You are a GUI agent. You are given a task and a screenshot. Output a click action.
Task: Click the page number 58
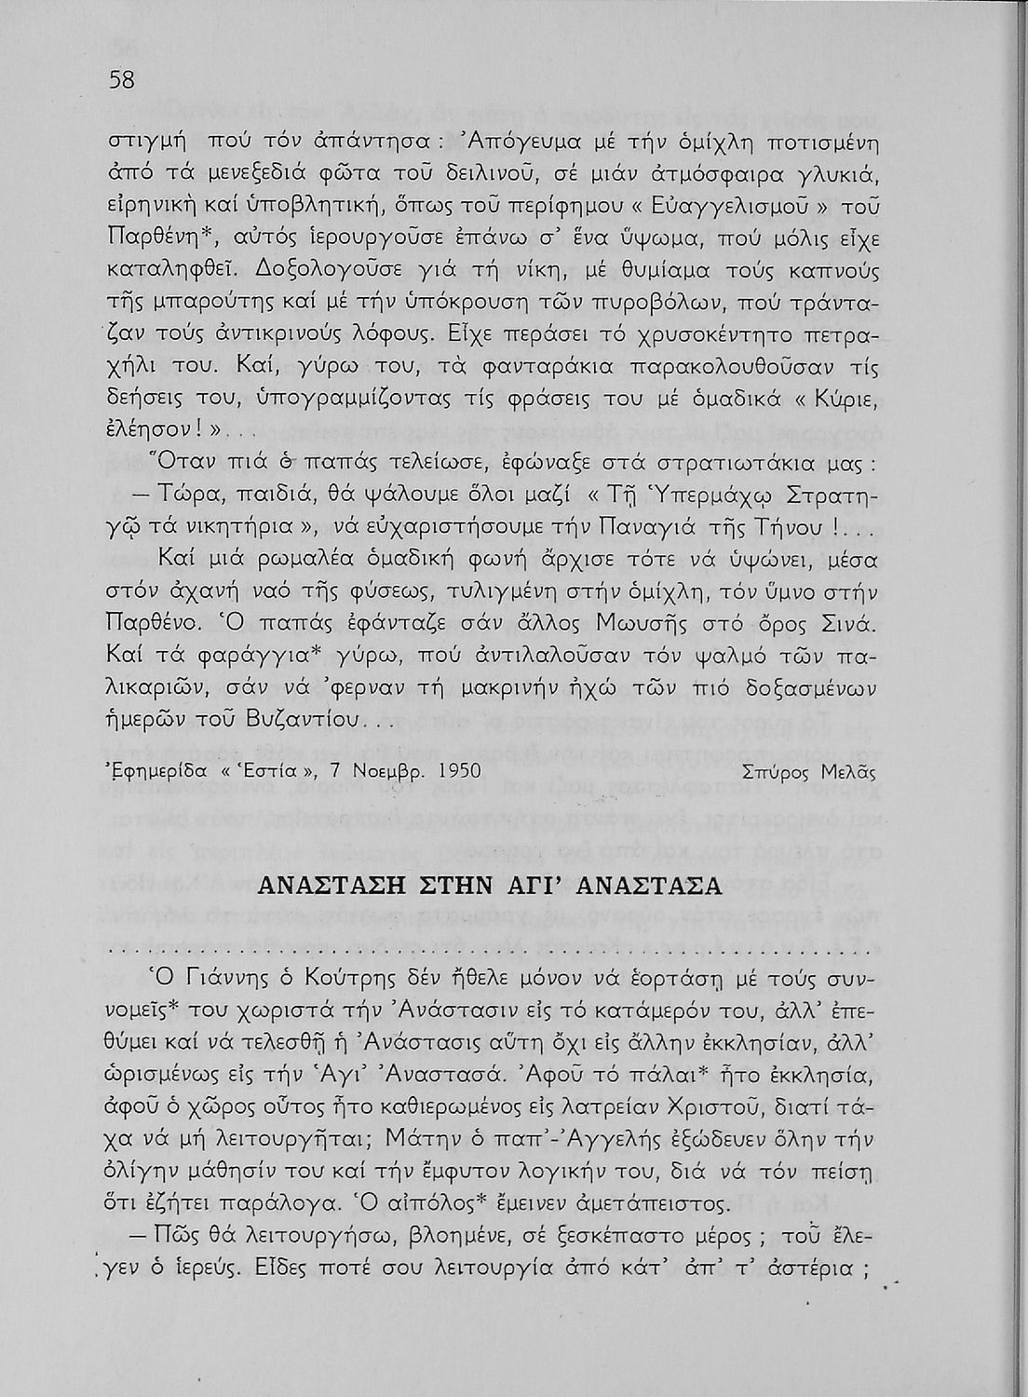tap(122, 80)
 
